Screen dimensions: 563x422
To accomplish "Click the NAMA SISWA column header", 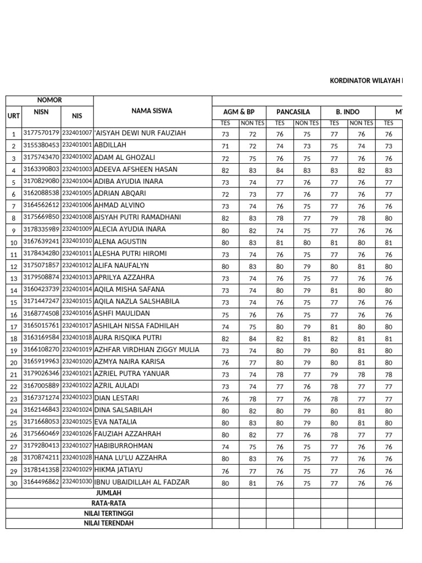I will click(152, 111).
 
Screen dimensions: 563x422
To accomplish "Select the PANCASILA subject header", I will click(293, 112).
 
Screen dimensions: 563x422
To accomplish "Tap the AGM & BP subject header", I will click(239, 112).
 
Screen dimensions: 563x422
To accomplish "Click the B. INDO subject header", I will click(348, 112).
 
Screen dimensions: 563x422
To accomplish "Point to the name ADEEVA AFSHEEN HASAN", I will click(136, 169).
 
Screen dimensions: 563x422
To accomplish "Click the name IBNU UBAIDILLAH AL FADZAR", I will click(142, 482).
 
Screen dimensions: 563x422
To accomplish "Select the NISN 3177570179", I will click(41, 133).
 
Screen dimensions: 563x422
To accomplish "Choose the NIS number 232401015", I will click(77, 302).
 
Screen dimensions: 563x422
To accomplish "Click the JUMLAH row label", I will click(108, 493).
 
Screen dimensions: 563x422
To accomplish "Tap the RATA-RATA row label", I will click(108, 503).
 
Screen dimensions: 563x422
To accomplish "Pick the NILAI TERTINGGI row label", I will click(108, 513).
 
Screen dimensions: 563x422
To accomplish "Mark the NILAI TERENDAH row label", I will click(108, 523).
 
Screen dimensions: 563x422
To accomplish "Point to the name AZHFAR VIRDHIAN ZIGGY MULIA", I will click(147, 350).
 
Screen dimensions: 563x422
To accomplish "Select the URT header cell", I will click(13, 116).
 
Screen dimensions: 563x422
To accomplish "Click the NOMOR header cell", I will click(49, 100).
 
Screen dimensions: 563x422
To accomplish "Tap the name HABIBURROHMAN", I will click(124, 446).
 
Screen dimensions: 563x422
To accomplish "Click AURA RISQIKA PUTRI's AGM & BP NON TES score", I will click(252, 339).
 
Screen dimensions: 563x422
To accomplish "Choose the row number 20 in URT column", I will click(13, 362).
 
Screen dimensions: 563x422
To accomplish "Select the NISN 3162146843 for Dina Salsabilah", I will click(41, 410).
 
